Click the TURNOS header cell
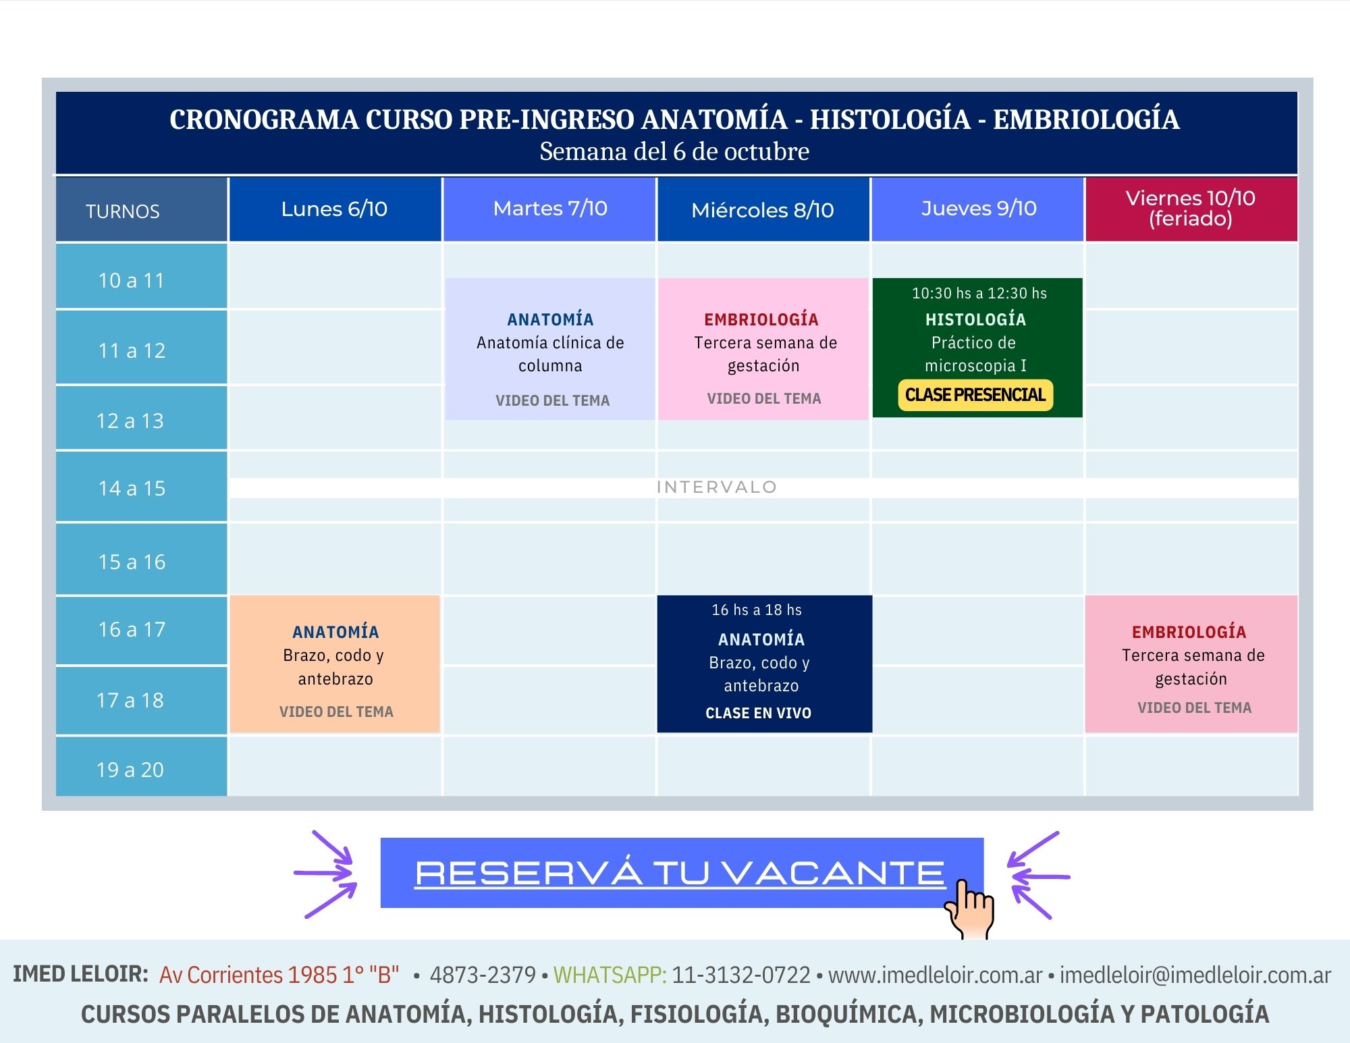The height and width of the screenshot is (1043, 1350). [141, 210]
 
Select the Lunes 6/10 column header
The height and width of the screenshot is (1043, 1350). [335, 209]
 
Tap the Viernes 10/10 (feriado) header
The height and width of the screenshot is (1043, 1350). [1191, 209]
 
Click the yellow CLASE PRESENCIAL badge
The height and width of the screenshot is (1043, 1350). [975, 395]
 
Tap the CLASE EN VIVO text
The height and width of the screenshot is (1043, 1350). [758, 713]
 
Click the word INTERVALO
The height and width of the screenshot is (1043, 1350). [717, 487]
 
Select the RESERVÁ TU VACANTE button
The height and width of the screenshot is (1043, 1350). [682, 873]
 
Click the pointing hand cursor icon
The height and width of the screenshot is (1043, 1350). [970, 909]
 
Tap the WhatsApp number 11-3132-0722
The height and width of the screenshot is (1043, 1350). [741, 975]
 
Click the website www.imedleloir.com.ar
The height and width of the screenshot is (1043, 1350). [936, 975]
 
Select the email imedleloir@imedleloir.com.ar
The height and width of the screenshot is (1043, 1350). [1195, 975]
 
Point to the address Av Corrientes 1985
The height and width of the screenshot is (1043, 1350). [248, 975]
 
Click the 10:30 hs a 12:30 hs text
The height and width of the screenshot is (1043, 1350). [979, 293]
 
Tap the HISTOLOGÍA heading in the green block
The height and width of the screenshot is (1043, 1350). [975, 319]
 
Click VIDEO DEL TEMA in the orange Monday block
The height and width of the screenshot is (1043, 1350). [336, 712]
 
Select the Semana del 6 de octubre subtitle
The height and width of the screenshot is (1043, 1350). [674, 151]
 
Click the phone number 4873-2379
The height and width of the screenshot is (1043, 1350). [483, 975]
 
